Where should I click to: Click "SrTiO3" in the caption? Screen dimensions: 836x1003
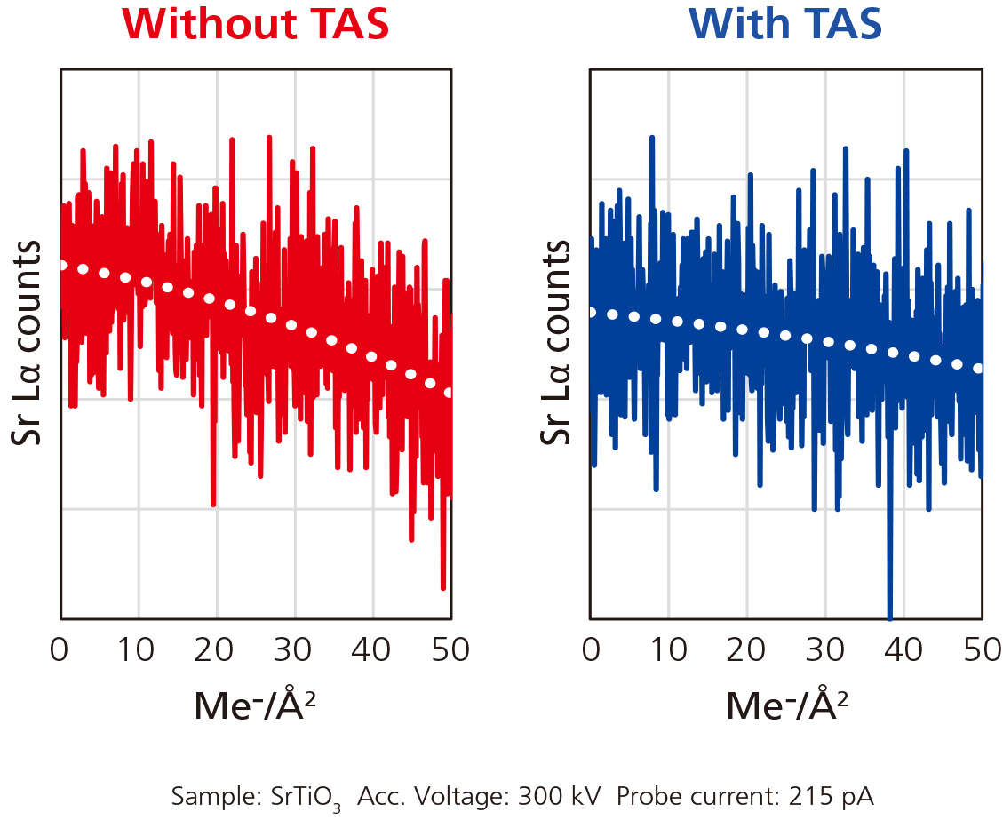pos(307,798)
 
